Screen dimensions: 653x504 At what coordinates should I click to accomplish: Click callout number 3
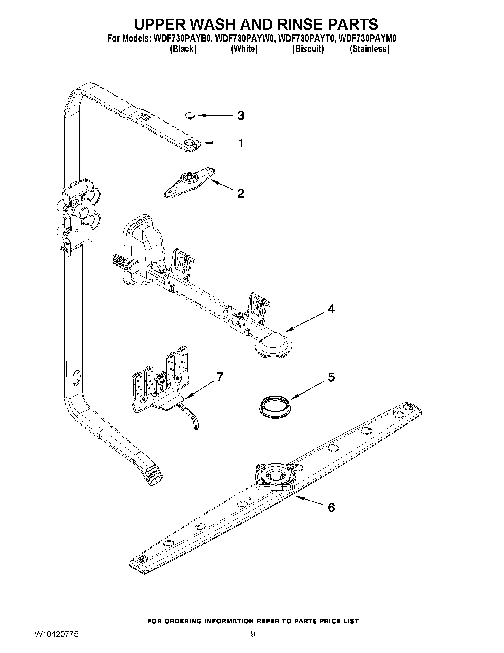(241, 115)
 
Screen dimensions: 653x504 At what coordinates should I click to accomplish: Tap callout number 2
(241, 193)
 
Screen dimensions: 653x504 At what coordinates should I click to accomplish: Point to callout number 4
(331, 309)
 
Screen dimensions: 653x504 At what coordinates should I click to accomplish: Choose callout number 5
(331, 377)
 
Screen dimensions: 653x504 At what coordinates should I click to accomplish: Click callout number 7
(220, 377)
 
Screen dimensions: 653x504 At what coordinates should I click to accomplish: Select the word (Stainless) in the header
(369, 49)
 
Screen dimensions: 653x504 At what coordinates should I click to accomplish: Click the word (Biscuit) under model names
(308, 49)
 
